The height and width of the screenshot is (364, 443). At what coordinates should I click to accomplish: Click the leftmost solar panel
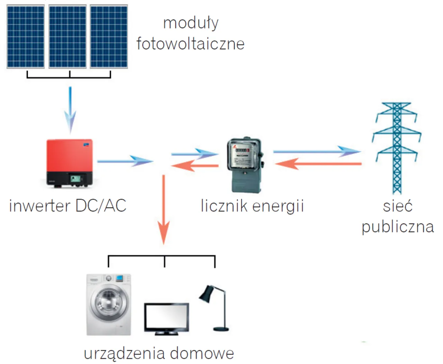pos(26,37)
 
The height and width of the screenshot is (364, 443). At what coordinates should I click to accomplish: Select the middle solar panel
pos(67,37)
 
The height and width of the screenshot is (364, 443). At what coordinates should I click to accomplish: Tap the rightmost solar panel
pos(109,37)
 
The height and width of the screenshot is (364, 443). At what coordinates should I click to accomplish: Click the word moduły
pos(191,23)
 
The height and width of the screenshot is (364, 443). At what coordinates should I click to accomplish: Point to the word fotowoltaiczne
pos(190,44)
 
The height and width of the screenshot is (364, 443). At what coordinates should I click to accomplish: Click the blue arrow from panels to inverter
pos(70,109)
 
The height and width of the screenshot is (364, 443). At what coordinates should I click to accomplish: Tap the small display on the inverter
pos(76,179)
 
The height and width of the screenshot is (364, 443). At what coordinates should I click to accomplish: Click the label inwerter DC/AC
pos(67,206)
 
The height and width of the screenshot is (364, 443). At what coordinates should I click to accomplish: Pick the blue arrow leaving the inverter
pos(125,161)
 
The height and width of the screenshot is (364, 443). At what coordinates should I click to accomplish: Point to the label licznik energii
pos(252,206)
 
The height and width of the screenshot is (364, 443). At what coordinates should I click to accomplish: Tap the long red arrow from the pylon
pos(318,163)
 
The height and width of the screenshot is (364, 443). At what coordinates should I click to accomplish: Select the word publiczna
pos(398,227)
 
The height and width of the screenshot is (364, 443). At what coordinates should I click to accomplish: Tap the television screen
pos(166,317)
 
